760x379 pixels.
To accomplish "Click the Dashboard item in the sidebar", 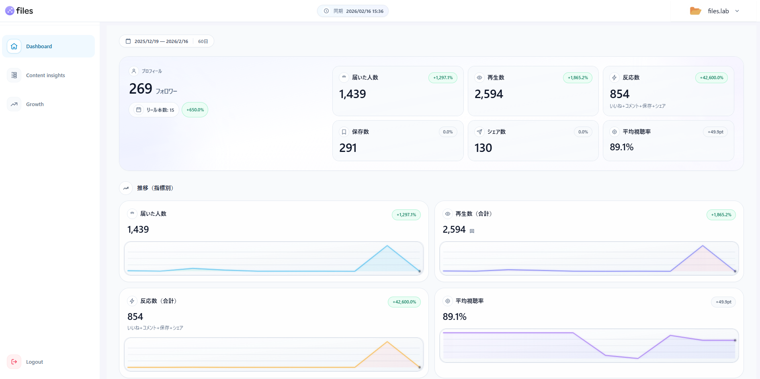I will [x=39, y=46].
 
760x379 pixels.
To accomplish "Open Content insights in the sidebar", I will [x=45, y=75].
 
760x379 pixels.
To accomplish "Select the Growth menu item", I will [x=35, y=104].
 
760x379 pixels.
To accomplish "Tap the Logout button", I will [x=34, y=362].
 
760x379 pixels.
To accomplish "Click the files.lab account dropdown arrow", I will [x=737, y=11].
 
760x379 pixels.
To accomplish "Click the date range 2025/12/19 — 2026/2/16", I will [x=161, y=41].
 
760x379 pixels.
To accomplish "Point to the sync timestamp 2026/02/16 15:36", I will [x=365, y=11].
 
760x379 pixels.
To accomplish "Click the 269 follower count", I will [x=141, y=89].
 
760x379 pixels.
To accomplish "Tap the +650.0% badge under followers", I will [x=195, y=110].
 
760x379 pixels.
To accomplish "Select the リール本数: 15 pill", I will [x=154, y=110].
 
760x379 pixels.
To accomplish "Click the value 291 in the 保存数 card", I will [x=348, y=148].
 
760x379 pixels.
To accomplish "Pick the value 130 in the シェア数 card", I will [x=483, y=148].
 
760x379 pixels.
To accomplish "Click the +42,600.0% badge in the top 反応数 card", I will [x=711, y=78].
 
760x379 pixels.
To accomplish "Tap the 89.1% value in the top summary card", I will [x=621, y=147].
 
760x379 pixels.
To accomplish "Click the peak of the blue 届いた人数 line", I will [x=387, y=246].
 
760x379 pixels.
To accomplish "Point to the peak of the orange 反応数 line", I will [x=387, y=342].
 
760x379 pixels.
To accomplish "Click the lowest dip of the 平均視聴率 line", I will [x=638, y=358].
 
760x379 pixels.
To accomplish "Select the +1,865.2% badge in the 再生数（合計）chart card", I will [x=721, y=215].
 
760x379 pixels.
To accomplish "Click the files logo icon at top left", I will [x=10, y=11].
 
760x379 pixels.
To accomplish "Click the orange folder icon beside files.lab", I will [x=695, y=11].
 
